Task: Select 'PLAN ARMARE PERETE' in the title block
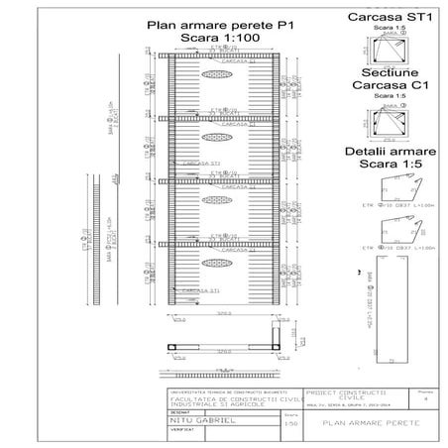pyautogui.click(x=367, y=423)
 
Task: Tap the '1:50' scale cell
pyautogui.click(x=289, y=423)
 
